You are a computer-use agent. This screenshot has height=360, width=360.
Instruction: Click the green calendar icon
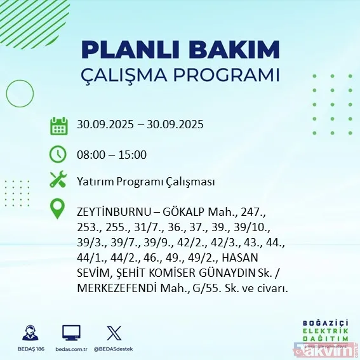click(58, 125)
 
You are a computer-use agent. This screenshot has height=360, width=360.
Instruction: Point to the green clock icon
click(58, 154)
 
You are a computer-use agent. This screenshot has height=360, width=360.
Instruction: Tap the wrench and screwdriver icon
click(58, 180)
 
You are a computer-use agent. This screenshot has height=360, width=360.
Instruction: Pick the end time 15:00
click(133, 154)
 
